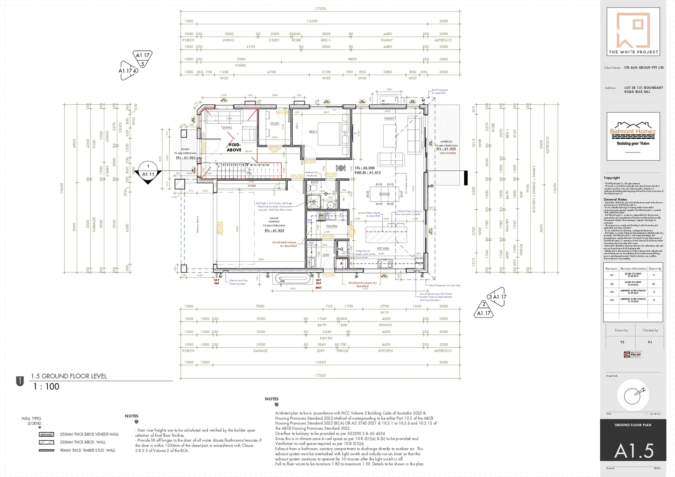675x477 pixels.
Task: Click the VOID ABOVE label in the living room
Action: click(x=234, y=147)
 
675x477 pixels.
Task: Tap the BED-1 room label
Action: click(x=313, y=132)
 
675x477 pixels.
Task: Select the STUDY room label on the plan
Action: click(x=275, y=124)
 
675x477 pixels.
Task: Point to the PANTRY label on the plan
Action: click(x=332, y=226)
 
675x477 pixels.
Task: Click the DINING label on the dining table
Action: click(x=384, y=194)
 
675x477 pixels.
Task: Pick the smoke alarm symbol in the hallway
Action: click(x=341, y=168)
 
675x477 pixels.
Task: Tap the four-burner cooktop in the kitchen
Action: click(x=385, y=264)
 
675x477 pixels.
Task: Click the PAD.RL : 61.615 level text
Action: click(x=367, y=173)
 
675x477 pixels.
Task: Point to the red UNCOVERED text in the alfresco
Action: click(x=447, y=153)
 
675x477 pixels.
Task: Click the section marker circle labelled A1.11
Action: click(x=148, y=170)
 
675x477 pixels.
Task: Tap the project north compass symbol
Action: click(x=633, y=396)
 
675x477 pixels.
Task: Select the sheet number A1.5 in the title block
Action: click(x=633, y=450)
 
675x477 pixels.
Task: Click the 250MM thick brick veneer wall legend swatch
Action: click(x=46, y=435)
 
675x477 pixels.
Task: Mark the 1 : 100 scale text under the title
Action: click(x=46, y=386)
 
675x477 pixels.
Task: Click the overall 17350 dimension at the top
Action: click(x=320, y=9)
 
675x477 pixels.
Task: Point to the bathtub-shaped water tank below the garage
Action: click(x=292, y=279)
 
